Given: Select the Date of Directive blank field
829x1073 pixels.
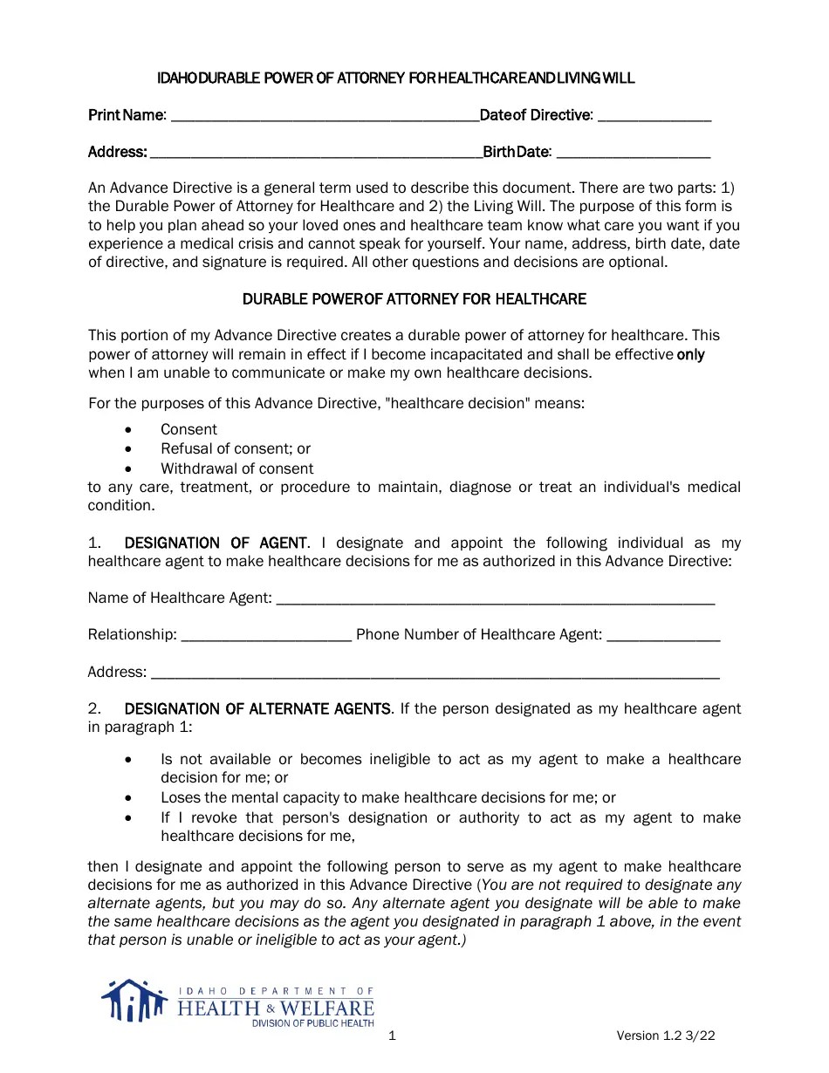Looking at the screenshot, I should coord(654,117).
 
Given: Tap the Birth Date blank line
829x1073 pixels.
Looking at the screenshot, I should coord(633,154).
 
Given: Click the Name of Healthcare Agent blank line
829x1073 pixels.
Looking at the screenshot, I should coord(494,599).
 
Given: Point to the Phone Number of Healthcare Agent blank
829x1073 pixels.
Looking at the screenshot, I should coord(663,636).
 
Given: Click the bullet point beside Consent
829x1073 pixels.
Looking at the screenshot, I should coord(129,430).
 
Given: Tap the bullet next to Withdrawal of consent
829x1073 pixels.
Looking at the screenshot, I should coord(129,469).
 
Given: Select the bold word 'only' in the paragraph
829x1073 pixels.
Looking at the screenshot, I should coord(691,354).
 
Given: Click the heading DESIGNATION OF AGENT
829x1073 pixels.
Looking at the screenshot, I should coord(216,543).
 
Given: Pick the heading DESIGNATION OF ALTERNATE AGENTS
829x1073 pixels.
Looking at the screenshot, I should coord(257,709).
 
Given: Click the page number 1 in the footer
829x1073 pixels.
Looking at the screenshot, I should coord(392,1036).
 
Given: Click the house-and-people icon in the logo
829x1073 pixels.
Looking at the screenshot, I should coord(134,1001).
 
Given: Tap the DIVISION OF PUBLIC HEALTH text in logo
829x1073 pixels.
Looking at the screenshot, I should coord(312,1023).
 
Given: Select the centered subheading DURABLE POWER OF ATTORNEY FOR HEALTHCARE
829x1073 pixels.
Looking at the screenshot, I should coord(414,299).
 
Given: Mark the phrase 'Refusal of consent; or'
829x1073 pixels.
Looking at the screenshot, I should coord(236,449).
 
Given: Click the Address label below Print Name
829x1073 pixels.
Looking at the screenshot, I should coord(117,153).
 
